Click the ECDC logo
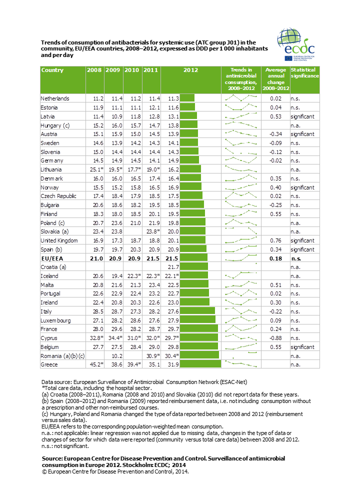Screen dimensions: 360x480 click(x=296, y=44)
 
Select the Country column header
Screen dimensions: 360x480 click(x=52, y=70)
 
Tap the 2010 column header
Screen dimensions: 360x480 click(x=131, y=70)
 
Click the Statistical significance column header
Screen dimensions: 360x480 click(x=305, y=73)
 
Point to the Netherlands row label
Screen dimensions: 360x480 click(x=55, y=98)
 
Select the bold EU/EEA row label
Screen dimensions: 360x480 click(x=52, y=258)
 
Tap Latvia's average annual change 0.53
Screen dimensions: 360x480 click(x=276, y=116)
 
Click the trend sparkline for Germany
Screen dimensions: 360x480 click(x=241, y=160)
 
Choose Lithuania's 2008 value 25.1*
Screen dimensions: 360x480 click(x=96, y=169)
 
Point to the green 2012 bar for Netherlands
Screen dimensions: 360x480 click(x=187, y=98)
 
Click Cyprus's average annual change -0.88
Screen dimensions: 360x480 click(x=275, y=338)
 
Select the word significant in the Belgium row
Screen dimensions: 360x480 click(x=302, y=347)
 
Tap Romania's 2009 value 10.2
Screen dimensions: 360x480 click(x=117, y=356)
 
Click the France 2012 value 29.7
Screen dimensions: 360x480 click(x=173, y=329)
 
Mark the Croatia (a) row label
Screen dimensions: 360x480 click(x=53, y=267)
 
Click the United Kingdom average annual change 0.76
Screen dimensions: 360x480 click(x=276, y=240)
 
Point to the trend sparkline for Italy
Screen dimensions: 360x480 click(x=241, y=310)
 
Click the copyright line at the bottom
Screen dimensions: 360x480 click(x=115, y=471)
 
